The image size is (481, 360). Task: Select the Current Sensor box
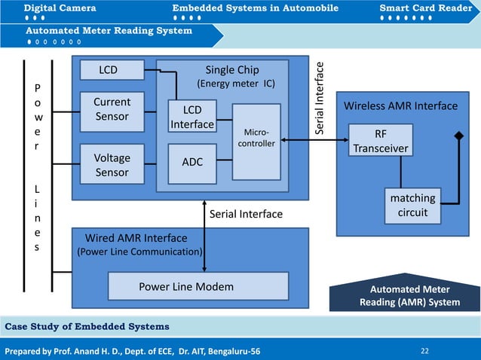pyautogui.click(x=112, y=109)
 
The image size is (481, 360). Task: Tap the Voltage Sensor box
pyautogui.click(x=112, y=165)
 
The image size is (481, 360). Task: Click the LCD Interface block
pyautogui.click(x=191, y=117)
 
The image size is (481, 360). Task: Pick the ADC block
pyautogui.click(x=192, y=163)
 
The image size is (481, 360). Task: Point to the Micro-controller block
pyautogui.click(x=256, y=142)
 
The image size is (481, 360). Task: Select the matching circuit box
pyautogui.click(x=412, y=206)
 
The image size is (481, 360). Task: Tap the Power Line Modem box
pyautogui.click(x=198, y=286)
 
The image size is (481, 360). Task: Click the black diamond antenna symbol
pyautogui.click(x=457, y=136)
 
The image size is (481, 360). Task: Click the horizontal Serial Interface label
pyautogui.click(x=246, y=215)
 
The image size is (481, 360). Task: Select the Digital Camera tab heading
pyautogui.click(x=60, y=8)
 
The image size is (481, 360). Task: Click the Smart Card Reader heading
pyautogui.click(x=426, y=8)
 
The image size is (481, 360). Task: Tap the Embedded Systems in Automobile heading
pyautogui.click(x=255, y=8)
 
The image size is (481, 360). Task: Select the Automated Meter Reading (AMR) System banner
pyautogui.click(x=409, y=296)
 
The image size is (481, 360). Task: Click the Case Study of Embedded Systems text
pyautogui.click(x=87, y=326)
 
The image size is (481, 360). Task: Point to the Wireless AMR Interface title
pyautogui.click(x=400, y=106)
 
